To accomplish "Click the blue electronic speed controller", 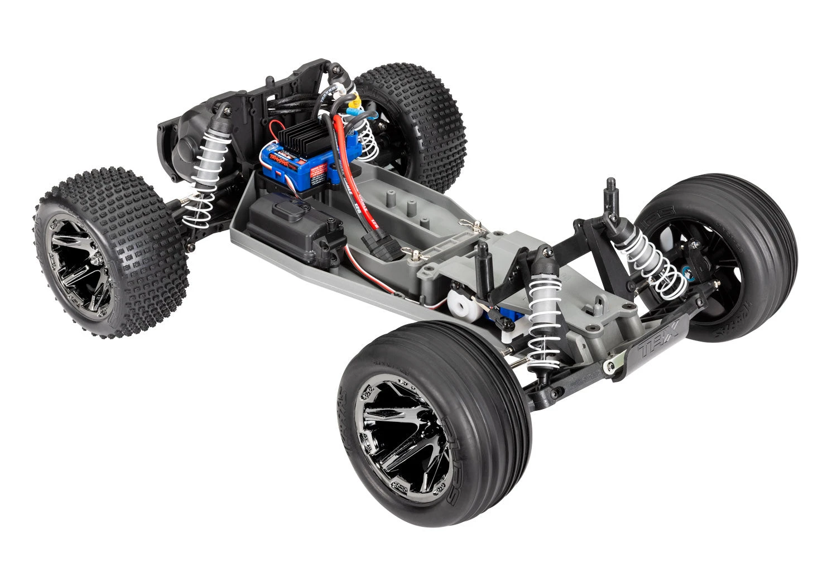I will (290, 162).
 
